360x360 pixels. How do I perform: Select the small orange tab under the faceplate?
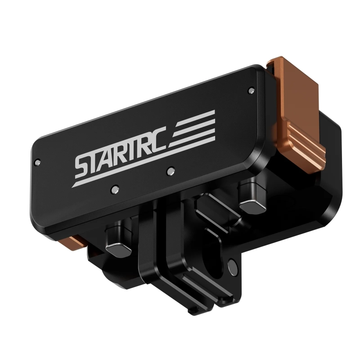point(74,242)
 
